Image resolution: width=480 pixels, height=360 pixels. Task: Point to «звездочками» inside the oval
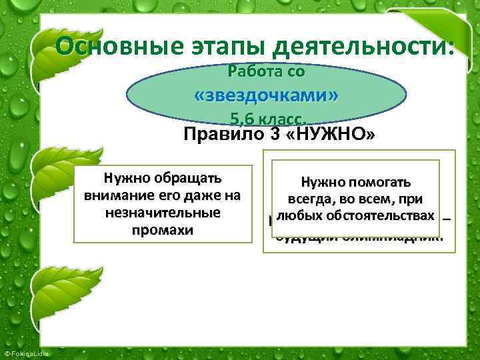coord(266,96)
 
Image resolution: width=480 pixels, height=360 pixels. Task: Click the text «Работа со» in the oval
coord(266,70)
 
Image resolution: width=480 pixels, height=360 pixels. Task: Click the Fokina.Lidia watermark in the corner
coord(22,352)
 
